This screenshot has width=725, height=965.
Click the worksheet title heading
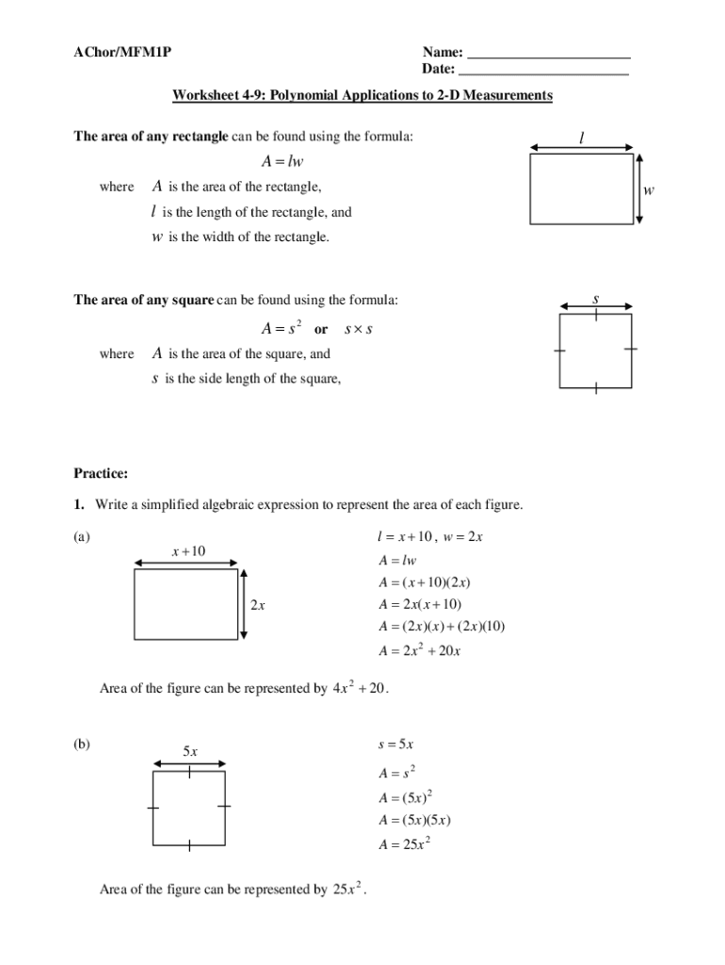(362, 95)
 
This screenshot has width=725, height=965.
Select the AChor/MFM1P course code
(122, 52)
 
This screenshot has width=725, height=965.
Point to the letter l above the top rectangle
(582, 139)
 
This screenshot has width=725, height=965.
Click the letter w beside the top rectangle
(649, 190)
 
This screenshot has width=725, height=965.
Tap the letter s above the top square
(596, 299)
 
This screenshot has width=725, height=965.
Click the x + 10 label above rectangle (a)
(187, 551)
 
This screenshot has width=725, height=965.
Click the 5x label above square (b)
(189, 751)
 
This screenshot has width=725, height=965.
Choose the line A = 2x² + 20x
(419, 650)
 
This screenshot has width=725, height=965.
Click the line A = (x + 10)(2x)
(425, 582)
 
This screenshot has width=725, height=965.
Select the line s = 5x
(395, 744)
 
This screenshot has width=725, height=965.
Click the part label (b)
(82, 744)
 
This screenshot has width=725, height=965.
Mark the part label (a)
(82, 537)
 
